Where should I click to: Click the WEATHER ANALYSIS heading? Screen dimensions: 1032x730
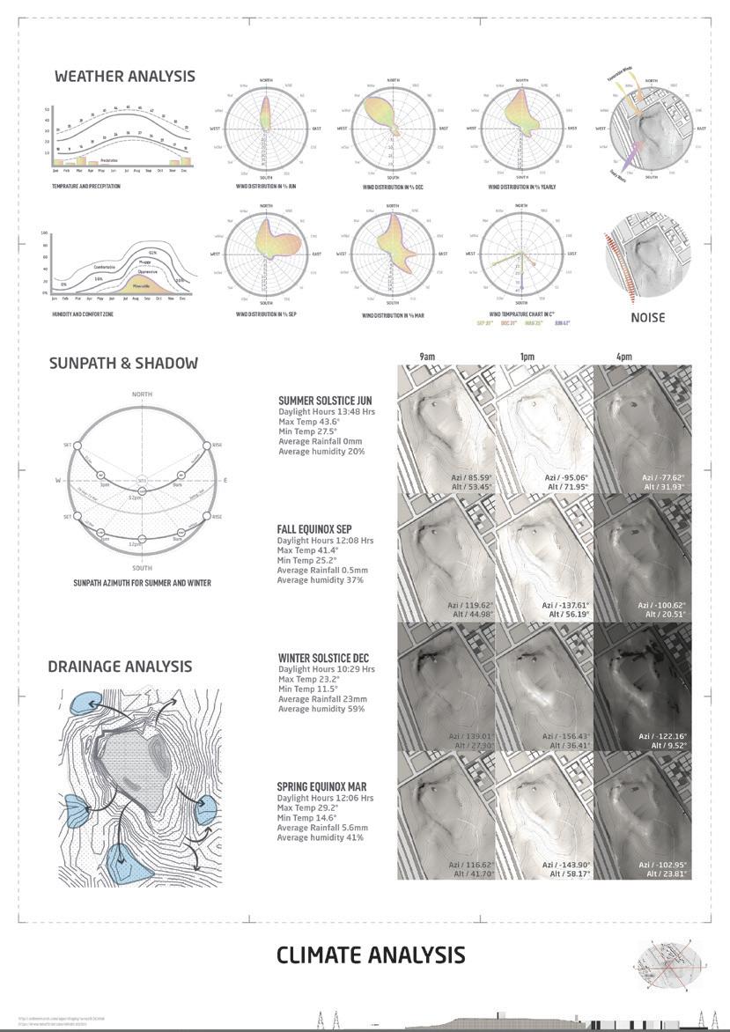point(124,77)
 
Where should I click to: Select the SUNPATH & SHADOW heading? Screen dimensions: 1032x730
point(123,363)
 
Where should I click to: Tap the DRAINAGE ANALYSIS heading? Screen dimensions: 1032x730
point(120,667)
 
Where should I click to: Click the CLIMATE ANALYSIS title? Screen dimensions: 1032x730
point(371,955)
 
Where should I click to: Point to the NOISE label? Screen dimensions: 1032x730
point(648,317)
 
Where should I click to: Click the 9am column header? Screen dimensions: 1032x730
point(426,357)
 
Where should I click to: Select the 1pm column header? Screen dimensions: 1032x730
point(528,357)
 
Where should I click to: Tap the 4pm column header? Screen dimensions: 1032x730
point(623,357)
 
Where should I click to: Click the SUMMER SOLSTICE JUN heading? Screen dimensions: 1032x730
point(325,401)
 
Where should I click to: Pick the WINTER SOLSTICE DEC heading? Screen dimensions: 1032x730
point(323,658)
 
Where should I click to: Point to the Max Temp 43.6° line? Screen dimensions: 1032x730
point(309,422)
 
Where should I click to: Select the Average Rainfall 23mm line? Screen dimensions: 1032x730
point(322,699)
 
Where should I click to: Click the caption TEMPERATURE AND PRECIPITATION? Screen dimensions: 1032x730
point(86,187)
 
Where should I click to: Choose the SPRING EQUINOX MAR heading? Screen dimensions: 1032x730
point(321,786)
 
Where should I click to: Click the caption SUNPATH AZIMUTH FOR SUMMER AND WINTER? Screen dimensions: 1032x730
point(142,583)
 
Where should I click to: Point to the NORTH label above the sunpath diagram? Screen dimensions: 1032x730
point(142,394)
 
